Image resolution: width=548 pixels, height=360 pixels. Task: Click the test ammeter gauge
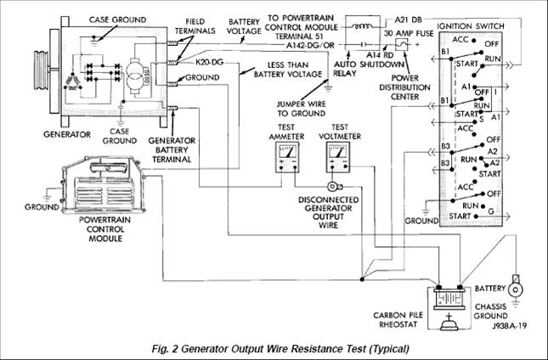click(x=287, y=157)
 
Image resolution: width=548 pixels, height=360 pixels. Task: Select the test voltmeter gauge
click(x=338, y=157)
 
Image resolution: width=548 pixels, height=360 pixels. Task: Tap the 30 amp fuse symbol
click(x=402, y=44)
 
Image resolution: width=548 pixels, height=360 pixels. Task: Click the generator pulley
click(x=42, y=70)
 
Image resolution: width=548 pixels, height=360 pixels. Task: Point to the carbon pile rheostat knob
click(x=449, y=323)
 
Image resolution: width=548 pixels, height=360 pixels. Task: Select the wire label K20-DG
click(x=209, y=63)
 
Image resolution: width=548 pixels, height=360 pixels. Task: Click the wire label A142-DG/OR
click(x=310, y=45)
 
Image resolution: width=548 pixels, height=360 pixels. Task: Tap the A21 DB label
click(x=408, y=20)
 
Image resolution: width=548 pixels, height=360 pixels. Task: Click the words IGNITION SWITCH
click(x=471, y=26)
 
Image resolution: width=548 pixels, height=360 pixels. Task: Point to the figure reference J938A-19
click(x=510, y=326)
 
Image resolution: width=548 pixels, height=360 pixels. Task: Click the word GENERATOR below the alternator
click(x=67, y=134)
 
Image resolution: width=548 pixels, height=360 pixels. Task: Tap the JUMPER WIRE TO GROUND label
click(x=302, y=109)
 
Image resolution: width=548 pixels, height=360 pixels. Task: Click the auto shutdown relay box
click(x=363, y=33)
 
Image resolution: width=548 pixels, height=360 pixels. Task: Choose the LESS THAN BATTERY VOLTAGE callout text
click(x=288, y=70)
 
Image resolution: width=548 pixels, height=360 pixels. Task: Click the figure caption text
click(x=280, y=348)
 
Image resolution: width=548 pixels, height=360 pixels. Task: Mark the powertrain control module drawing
click(x=104, y=185)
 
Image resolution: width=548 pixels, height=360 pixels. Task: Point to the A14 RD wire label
click(x=380, y=55)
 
